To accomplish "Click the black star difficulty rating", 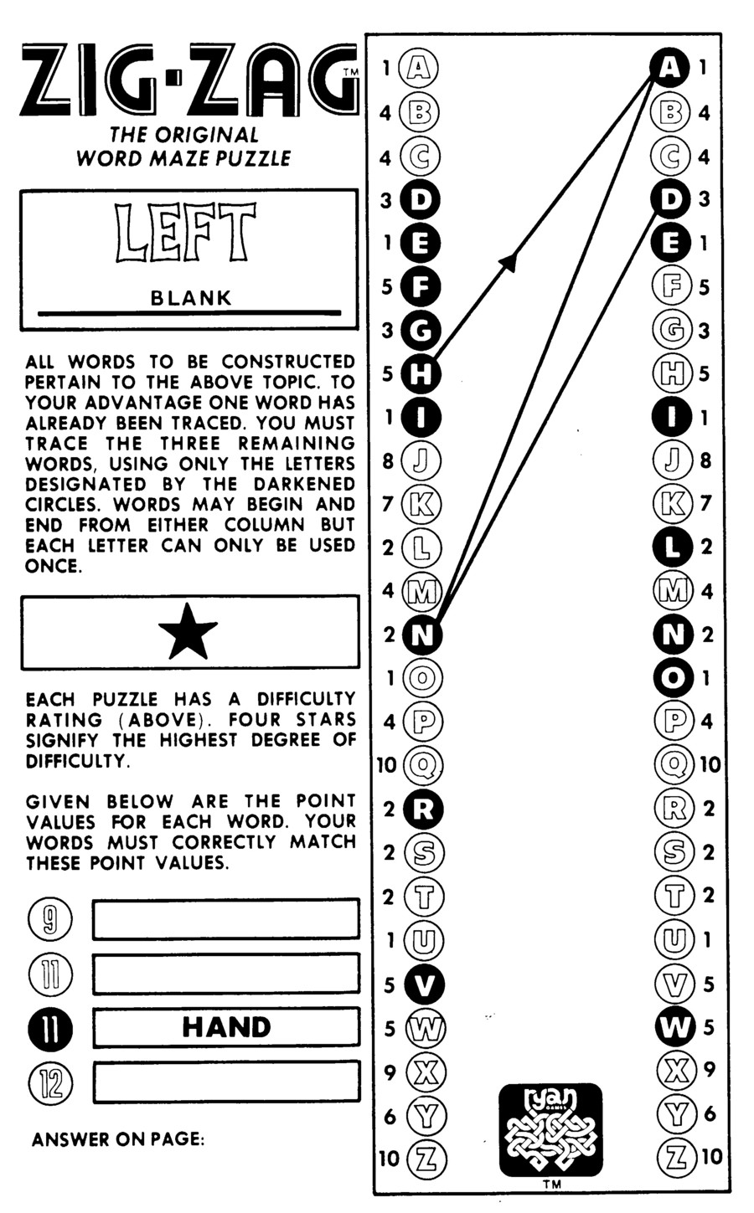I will [188, 633].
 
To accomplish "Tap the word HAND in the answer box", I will [226, 1026].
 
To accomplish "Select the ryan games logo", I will [550, 1129].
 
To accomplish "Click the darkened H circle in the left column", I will [421, 373].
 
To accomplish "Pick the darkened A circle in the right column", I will [669, 67].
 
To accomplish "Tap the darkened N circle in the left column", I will [422, 634].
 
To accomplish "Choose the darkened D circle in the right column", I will [670, 199].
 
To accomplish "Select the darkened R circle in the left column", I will [423, 810].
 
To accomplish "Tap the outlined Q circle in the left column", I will [423, 764].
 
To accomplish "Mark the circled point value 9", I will [50, 919].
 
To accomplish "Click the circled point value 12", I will [50, 1083].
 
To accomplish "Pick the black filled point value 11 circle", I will [50, 1028].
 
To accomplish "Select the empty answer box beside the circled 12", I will [226, 1082].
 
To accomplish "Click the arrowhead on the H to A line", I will [508, 262].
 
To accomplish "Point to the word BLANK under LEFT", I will [190, 297].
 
